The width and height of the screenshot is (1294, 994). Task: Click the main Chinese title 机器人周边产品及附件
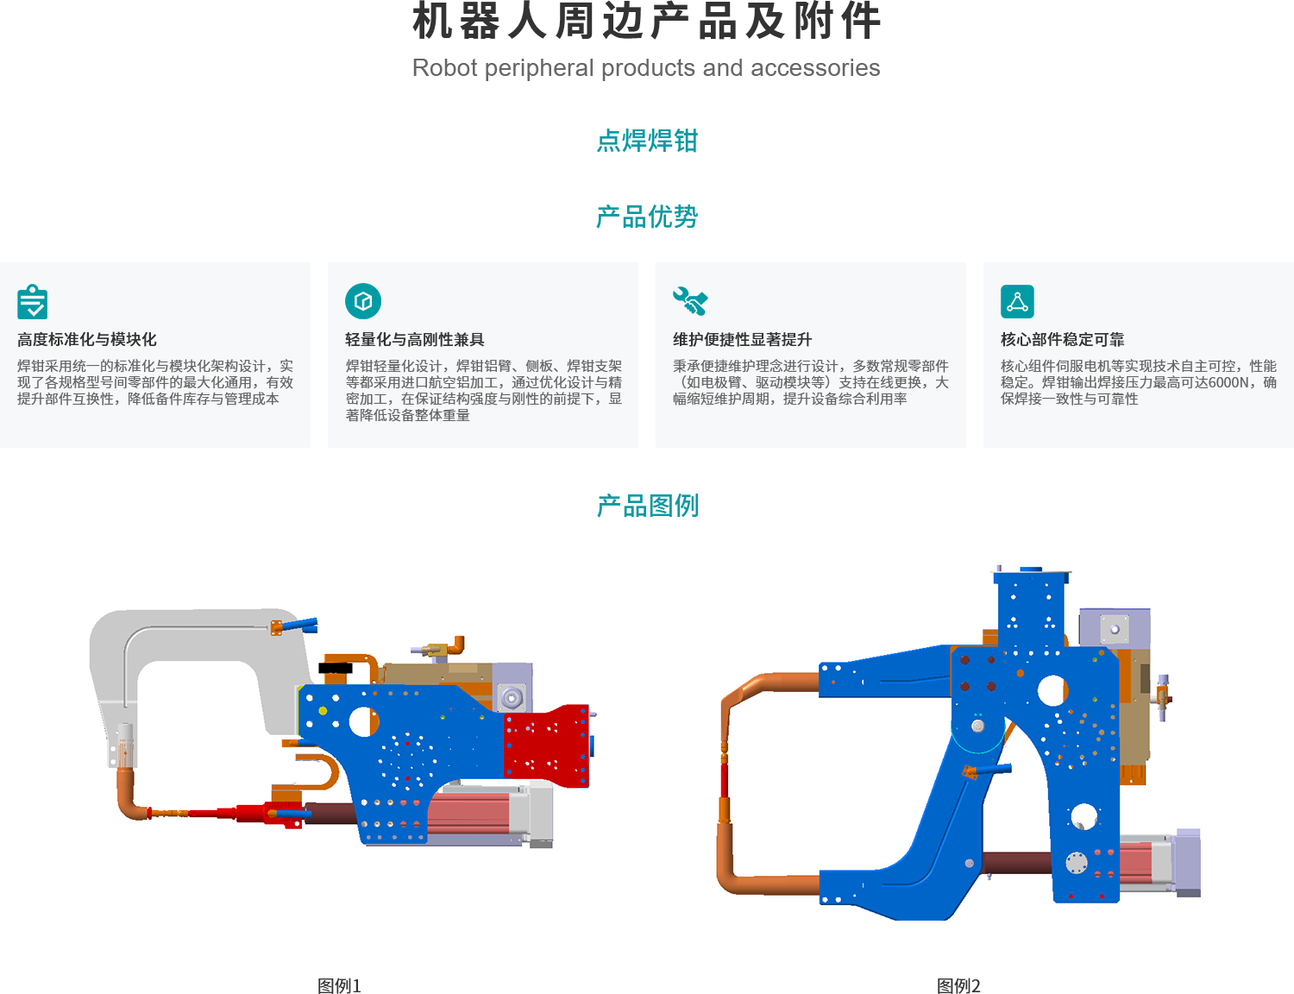pyautogui.click(x=646, y=22)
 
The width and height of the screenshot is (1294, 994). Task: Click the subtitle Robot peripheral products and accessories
pyautogui.click(x=646, y=68)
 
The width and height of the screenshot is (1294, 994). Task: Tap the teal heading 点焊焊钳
pyautogui.click(x=647, y=141)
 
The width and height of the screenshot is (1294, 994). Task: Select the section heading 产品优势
pyautogui.click(x=647, y=217)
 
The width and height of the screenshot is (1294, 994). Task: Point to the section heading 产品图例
pyautogui.click(x=647, y=506)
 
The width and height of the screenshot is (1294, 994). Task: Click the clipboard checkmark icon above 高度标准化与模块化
pyautogui.click(x=33, y=302)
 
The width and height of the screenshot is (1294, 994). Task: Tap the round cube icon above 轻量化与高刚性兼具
pyautogui.click(x=363, y=301)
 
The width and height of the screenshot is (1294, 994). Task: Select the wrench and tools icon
pyautogui.click(x=690, y=301)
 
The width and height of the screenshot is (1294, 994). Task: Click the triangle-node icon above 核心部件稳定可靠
pyautogui.click(x=1017, y=302)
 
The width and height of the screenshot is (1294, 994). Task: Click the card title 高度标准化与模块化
pyautogui.click(x=87, y=340)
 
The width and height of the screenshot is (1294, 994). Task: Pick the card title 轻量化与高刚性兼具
pyautogui.click(x=415, y=340)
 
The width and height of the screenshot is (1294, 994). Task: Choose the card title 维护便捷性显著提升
pyautogui.click(x=743, y=340)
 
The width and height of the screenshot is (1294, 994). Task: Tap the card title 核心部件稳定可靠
pyautogui.click(x=1063, y=340)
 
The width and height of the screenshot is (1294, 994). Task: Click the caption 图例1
pyautogui.click(x=339, y=985)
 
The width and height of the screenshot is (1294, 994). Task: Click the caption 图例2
pyautogui.click(x=958, y=985)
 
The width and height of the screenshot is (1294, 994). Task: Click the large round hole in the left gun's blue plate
pyautogui.click(x=363, y=721)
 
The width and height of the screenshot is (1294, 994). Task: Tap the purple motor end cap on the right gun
pyautogui.click(x=1188, y=863)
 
